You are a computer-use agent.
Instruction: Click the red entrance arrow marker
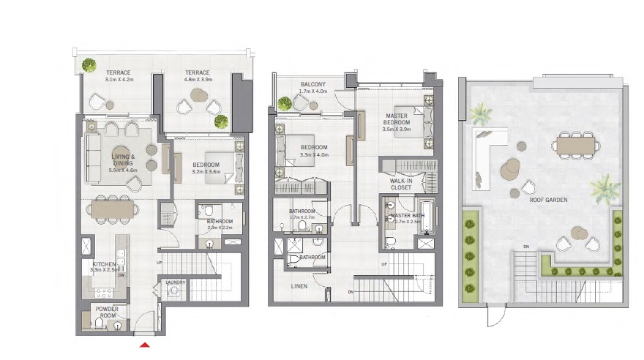click(145, 344)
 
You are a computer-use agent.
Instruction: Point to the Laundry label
click(174, 282)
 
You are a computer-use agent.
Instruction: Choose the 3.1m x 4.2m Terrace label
click(117, 76)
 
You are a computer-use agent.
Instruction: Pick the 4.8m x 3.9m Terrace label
click(197, 76)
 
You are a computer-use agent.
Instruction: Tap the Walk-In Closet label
click(400, 184)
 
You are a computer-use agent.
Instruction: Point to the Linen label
click(298, 286)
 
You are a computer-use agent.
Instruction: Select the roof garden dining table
click(577, 145)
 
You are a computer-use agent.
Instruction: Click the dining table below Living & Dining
click(113, 210)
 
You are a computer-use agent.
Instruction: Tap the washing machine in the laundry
click(173, 291)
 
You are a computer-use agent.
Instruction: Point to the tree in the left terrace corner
click(89, 64)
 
